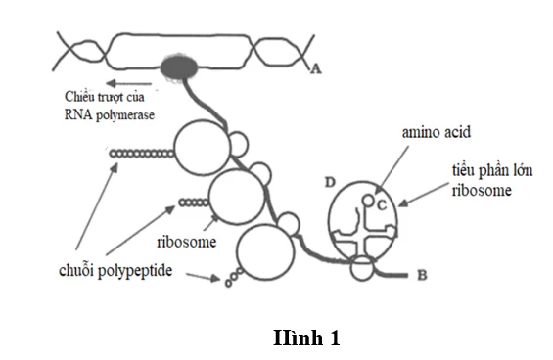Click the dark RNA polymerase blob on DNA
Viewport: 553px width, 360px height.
point(179,67)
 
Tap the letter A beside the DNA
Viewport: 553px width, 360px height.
point(316,68)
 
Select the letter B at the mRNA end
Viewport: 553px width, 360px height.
point(422,275)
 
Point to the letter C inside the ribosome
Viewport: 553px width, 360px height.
point(382,204)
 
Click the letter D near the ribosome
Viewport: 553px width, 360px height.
point(330,182)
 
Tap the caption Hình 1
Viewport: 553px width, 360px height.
point(306,337)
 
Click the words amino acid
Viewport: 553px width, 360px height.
point(437,132)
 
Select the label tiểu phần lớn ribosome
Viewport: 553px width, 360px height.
point(492,180)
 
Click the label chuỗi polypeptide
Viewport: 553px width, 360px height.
point(115,271)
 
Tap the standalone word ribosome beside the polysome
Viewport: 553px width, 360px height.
point(187,242)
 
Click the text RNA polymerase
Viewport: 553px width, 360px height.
point(110,115)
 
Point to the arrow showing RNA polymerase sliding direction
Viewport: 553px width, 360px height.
point(129,83)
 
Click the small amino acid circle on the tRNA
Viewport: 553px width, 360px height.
point(367,201)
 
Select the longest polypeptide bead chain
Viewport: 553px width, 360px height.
point(141,154)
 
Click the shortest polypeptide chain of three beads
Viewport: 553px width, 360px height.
point(234,277)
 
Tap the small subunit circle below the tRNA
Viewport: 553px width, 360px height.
point(362,269)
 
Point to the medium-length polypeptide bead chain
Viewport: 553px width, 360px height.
point(194,202)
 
